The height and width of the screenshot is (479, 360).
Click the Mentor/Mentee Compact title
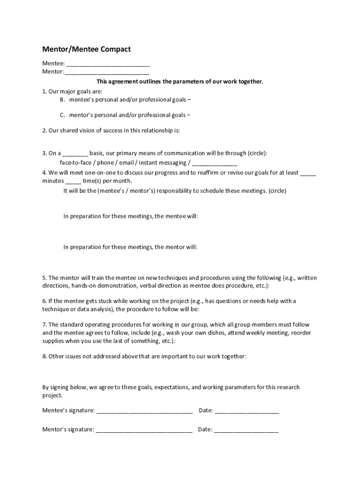click(86, 49)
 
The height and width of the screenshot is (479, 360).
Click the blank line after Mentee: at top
click(108, 64)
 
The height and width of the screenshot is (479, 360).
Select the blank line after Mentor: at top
click(107, 73)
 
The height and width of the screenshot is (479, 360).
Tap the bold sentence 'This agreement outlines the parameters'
click(173, 81)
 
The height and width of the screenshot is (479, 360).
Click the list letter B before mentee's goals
click(62, 100)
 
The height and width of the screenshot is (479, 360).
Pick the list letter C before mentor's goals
click(62, 115)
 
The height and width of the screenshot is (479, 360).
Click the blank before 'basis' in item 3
click(75, 153)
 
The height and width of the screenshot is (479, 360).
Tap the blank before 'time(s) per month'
click(73, 181)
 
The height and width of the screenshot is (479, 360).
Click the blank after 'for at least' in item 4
click(308, 173)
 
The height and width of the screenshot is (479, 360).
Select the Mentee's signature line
click(144, 411)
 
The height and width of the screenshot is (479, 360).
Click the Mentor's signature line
click(144, 430)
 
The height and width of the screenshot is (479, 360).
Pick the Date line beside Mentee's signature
click(247, 411)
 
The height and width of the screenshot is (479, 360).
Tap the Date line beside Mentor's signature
click(246, 430)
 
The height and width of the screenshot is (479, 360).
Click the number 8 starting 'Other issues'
click(44, 356)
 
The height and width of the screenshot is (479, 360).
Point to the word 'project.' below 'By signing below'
click(52, 395)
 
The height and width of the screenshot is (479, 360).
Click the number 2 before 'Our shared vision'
click(44, 131)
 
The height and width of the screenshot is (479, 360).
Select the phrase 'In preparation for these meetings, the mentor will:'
click(130, 247)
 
